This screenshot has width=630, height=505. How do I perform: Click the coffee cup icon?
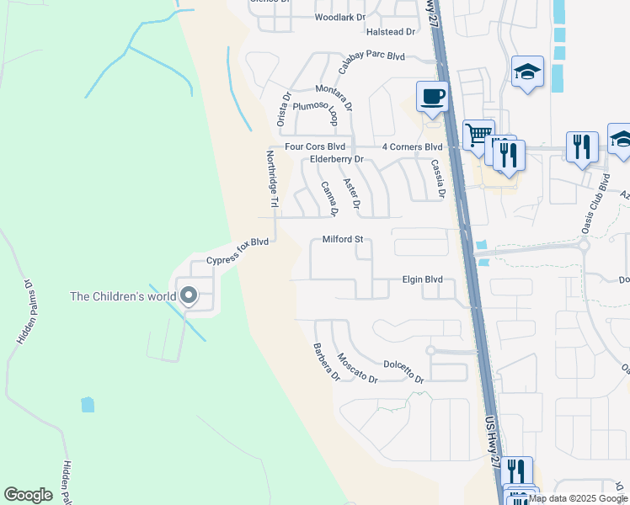tap(433, 95)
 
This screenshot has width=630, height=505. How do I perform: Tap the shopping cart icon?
tap(478, 133)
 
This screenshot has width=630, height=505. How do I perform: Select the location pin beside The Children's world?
tap(189, 296)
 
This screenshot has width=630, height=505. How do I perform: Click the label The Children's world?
tap(123, 296)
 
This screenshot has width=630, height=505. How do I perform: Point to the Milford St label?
tap(343, 240)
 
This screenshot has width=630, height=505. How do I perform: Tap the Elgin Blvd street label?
tap(422, 279)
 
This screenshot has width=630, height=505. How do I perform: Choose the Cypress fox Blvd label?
tap(238, 250)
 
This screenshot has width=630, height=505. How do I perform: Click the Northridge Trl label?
tap(272, 179)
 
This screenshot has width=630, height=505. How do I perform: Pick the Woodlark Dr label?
tap(340, 17)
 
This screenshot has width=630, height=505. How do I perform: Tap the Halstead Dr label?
tap(392, 32)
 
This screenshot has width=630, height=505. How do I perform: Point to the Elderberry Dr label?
tap(336, 159)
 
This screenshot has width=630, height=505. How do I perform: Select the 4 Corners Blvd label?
tap(412, 146)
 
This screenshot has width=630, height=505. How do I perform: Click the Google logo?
tap(28, 495)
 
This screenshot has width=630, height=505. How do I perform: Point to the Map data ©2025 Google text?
tap(578, 498)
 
